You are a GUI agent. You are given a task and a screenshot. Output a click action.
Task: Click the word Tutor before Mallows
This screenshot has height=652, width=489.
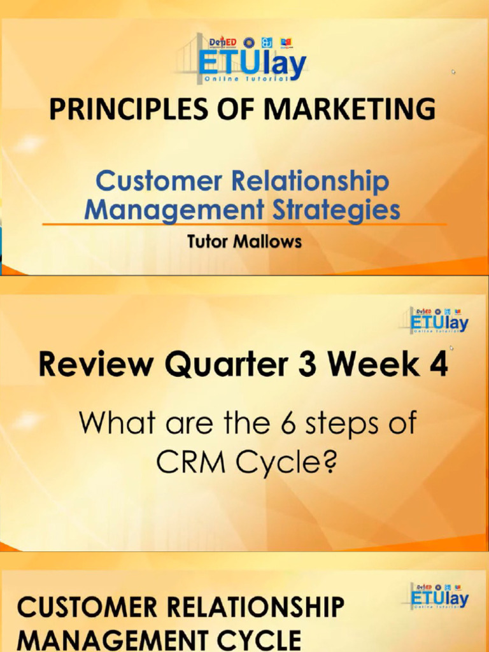210,242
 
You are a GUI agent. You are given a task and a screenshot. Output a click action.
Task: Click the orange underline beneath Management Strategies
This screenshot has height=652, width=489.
244,224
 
